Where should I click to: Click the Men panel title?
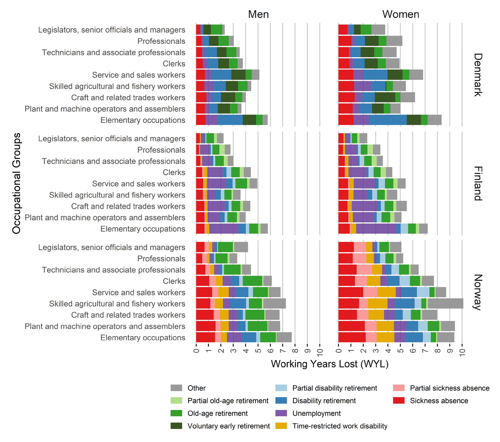[x=258, y=14]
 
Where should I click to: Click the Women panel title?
[x=401, y=14]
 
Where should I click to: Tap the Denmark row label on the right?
[x=478, y=75]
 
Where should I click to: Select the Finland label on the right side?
[x=478, y=183]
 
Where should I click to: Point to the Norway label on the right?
[x=478, y=292]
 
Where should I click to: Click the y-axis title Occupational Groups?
[x=16, y=183]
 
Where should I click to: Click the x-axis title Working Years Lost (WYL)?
[x=329, y=364]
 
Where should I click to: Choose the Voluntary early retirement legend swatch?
[x=176, y=426]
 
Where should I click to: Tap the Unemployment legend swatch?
[x=281, y=413]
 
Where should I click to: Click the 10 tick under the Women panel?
[x=462, y=353]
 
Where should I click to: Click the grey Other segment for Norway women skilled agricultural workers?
[x=445, y=303]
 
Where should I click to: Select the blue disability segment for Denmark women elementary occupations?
[x=388, y=120]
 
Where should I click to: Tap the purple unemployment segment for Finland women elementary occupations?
[x=376, y=229]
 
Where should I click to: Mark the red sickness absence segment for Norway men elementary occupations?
[x=205, y=338]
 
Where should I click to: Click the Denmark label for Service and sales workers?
[x=139, y=75]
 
